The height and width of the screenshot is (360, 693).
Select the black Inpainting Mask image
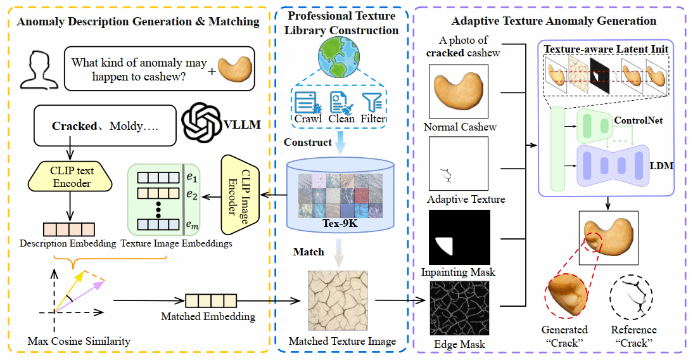coord(460,237)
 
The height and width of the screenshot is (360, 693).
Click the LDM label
coord(661,166)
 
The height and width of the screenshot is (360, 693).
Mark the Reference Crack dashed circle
coord(633,298)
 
